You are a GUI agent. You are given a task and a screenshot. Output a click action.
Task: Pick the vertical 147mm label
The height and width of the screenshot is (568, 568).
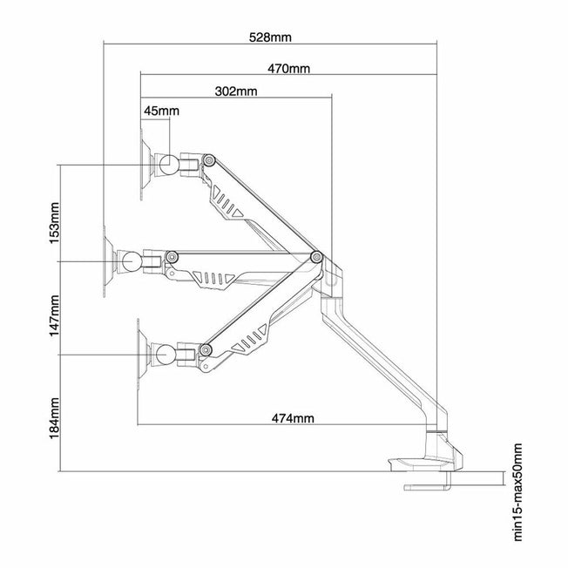click(55, 315)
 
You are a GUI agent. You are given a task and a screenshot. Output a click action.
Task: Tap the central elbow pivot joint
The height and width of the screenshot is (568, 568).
click(317, 257)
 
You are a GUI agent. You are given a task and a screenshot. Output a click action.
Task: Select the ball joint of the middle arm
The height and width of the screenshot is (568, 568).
click(130, 259)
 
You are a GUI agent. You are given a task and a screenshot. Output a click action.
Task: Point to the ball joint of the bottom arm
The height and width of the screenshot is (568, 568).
click(162, 352)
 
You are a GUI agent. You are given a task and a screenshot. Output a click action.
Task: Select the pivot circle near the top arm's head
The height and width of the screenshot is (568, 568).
click(209, 159)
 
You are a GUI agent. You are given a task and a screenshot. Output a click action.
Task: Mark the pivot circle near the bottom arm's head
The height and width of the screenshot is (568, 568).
click(206, 350)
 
